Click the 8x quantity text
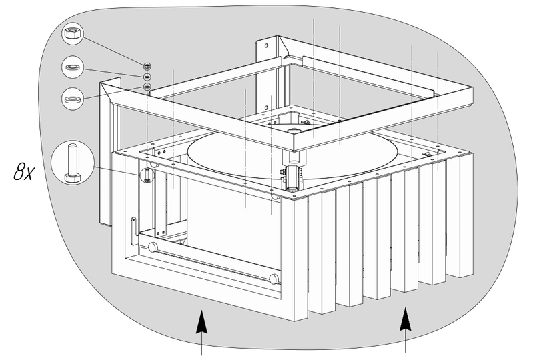[x=24, y=171]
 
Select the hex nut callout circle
[x=73, y=34]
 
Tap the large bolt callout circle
[x=73, y=163]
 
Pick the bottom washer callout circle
[x=73, y=99]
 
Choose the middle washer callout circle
[x=73, y=67]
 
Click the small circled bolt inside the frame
[x=147, y=175]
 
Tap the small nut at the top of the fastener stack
[x=147, y=65]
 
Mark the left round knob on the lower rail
[x=153, y=247]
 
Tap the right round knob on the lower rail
[x=274, y=279]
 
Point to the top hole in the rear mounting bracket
[x=267, y=45]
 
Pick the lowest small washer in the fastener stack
[x=147, y=87]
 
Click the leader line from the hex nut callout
[x=113, y=51]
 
